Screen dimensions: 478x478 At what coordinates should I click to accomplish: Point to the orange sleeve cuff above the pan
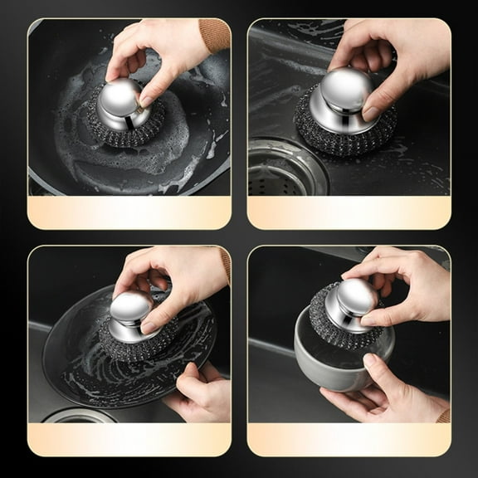point(214,35)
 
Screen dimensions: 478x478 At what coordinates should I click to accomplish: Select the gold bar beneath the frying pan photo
point(129,212)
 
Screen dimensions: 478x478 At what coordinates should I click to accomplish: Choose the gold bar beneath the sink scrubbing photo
point(349,212)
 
